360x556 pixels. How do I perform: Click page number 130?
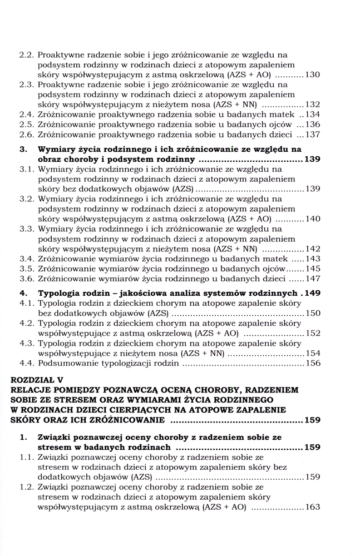[312, 74]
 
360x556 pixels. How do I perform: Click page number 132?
[312, 104]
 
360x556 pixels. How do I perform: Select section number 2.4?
[27, 114]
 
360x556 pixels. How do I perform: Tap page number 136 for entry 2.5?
[312, 124]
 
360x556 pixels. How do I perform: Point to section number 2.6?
[27, 134]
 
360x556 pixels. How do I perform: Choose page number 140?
[312, 219]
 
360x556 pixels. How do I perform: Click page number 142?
[312, 249]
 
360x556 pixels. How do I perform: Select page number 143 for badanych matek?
[312, 259]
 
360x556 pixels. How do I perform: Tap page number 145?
[312, 269]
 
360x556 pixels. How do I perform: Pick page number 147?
[312, 279]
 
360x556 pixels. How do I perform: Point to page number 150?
[312, 314]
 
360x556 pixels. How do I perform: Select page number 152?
[312, 334]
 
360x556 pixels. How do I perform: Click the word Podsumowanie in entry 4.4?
[68, 364]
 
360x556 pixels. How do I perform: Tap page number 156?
[312, 364]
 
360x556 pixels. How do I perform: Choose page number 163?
[312, 507]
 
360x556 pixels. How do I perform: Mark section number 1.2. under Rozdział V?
[27, 487]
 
